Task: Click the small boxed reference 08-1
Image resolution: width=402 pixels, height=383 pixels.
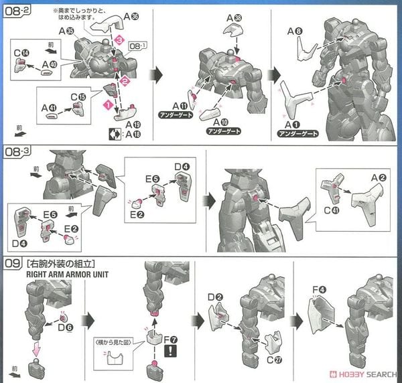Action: [x=137, y=48]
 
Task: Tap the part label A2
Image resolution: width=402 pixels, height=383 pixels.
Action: [x=379, y=177]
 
